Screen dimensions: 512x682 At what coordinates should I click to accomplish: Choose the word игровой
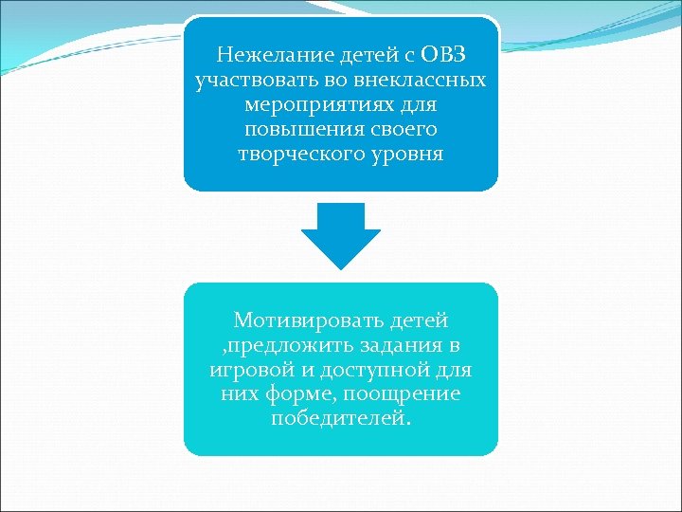(x=246, y=370)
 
